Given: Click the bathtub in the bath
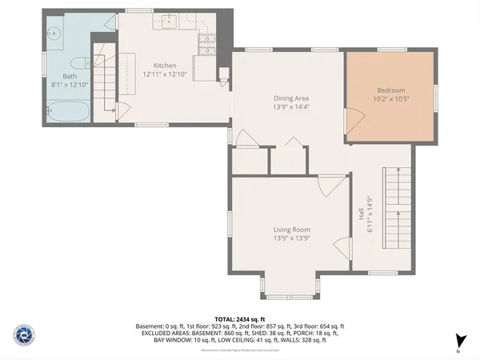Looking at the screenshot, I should (66, 111).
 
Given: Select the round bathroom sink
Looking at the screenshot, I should (54, 34).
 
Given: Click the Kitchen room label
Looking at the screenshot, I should (165, 66).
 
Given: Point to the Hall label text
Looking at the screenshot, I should (361, 214).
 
